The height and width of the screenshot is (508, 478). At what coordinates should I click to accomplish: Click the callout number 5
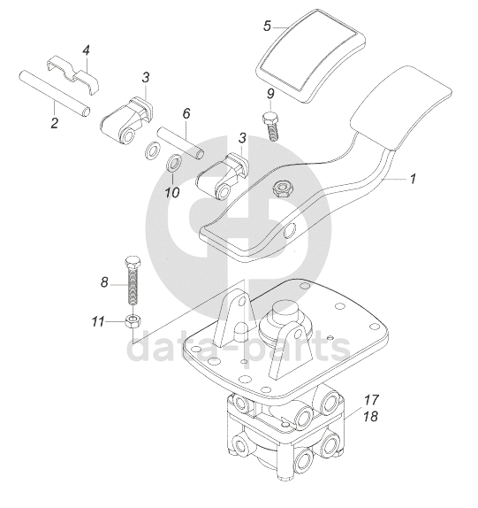tap(267, 27)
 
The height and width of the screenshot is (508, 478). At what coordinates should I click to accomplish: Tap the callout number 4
tap(86, 50)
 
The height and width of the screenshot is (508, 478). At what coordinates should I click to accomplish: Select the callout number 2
tap(54, 123)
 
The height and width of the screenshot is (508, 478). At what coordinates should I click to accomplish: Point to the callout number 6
tap(186, 113)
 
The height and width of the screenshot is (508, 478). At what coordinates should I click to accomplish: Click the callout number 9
tap(270, 94)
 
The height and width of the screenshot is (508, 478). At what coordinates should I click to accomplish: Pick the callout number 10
tap(172, 193)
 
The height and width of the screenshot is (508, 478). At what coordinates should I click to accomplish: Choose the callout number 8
tap(104, 282)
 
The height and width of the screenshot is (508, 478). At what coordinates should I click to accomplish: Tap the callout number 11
tap(98, 322)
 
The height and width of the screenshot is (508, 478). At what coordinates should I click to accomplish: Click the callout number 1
tap(413, 179)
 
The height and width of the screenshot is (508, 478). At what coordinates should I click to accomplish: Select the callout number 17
tap(371, 400)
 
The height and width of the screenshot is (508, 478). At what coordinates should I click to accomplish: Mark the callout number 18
tap(371, 416)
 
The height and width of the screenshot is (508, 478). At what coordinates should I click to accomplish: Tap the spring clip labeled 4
tap(72, 74)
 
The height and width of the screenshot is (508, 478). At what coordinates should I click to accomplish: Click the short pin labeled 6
tap(180, 143)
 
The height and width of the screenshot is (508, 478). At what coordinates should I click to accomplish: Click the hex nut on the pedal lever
tap(282, 189)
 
